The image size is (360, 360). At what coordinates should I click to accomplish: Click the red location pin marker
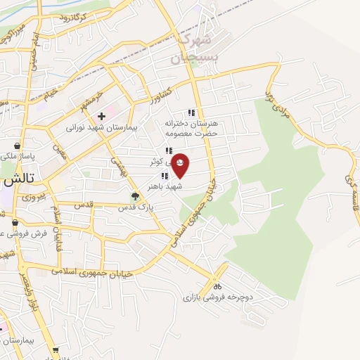180,165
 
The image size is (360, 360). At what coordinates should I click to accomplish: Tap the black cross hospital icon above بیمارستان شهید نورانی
102,115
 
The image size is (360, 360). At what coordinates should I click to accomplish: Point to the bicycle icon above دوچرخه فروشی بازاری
218,286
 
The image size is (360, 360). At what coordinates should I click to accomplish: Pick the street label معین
62,151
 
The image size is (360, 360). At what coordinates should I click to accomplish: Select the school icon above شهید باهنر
164,176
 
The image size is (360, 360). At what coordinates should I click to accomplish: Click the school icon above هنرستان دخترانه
191,112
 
